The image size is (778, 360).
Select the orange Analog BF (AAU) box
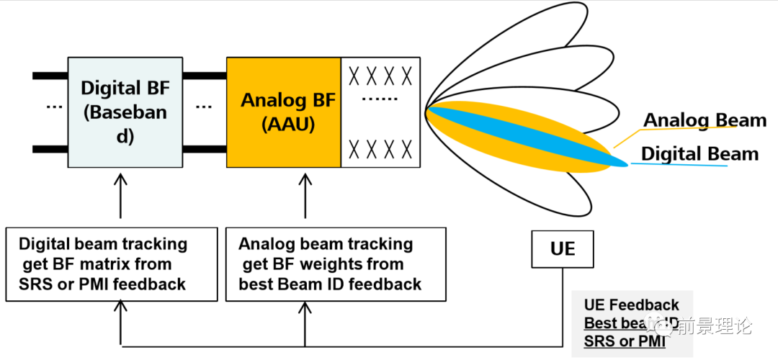pyautogui.click(x=283, y=112)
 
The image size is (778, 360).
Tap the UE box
pyautogui.click(x=563, y=248)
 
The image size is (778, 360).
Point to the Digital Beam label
pyautogui.click(x=699, y=153)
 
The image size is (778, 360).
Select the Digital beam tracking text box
pyautogui.click(x=111, y=264)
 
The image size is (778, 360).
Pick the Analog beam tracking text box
pyautogui.click(x=329, y=264)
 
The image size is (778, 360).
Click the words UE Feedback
pyautogui.click(x=632, y=305)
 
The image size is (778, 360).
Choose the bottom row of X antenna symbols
pyautogui.click(x=380, y=149)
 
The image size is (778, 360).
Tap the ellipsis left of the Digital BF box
pyautogui.click(x=54, y=106)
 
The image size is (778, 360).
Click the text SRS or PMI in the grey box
pyautogui.click(x=625, y=341)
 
